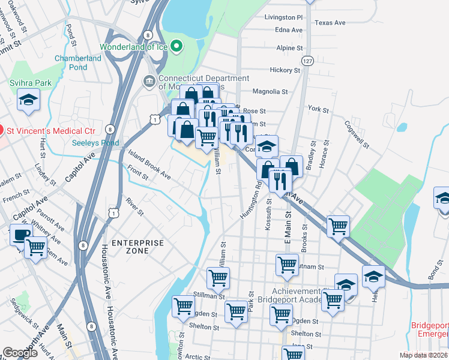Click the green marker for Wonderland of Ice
tap(176, 46)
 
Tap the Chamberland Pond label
tap(79, 63)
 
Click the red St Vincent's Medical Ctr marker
tap(2, 129)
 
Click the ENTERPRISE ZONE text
tap(137, 247)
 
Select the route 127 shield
tap(308, 61)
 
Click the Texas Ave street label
tap(330, 23)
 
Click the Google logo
tap(20, 353)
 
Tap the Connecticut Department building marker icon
tap(148, 80)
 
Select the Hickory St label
tap(284, 70)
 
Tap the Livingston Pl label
tap(284, 17)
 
